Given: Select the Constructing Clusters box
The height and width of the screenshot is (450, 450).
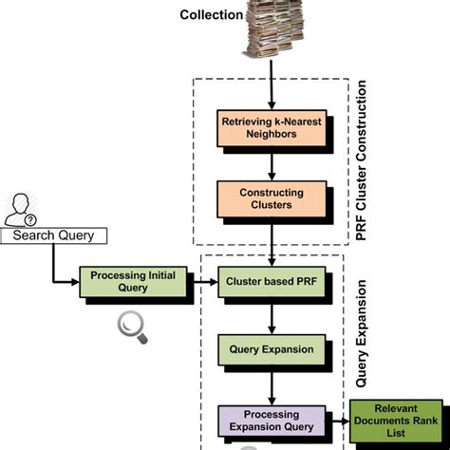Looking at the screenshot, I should tap(272, 198).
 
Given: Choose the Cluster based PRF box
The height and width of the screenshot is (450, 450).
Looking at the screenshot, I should tap(272, 281).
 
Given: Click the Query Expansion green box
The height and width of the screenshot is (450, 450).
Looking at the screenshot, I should tap(272, 349).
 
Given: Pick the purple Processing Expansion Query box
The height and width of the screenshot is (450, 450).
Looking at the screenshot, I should tap(272, 420).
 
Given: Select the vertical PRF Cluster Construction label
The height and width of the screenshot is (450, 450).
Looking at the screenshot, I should tap(360, 167).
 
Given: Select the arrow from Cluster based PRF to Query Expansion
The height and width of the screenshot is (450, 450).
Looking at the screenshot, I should tap(273, 315).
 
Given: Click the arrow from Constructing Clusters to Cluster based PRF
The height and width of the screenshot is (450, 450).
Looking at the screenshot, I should tap(273, 242).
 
